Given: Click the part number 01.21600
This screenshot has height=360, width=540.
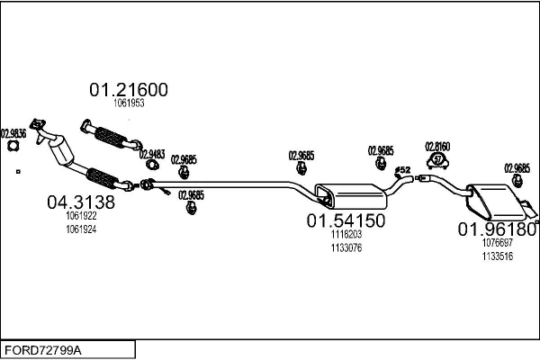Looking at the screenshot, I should click(128, 90).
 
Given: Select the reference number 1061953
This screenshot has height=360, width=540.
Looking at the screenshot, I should click(129, 103).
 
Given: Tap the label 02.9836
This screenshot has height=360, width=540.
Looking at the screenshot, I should click(13, 132).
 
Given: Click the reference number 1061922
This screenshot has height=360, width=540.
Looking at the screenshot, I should click(81, 217).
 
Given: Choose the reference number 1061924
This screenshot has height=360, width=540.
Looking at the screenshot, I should click(81, 229).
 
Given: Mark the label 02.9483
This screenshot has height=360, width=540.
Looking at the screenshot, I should click(151, 155).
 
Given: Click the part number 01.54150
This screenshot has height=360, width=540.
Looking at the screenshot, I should click(346, 220).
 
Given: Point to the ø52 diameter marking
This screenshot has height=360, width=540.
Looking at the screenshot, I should click(403, 169).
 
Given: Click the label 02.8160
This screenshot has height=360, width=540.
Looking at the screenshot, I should click(438, 146).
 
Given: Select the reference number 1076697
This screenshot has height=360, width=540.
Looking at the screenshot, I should click(498, 243).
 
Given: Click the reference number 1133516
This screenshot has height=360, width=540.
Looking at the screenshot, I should click(498, 256).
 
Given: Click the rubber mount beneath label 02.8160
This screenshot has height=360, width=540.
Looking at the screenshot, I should click(438, 162).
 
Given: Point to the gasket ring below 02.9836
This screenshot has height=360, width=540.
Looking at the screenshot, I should click(13, 147).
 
